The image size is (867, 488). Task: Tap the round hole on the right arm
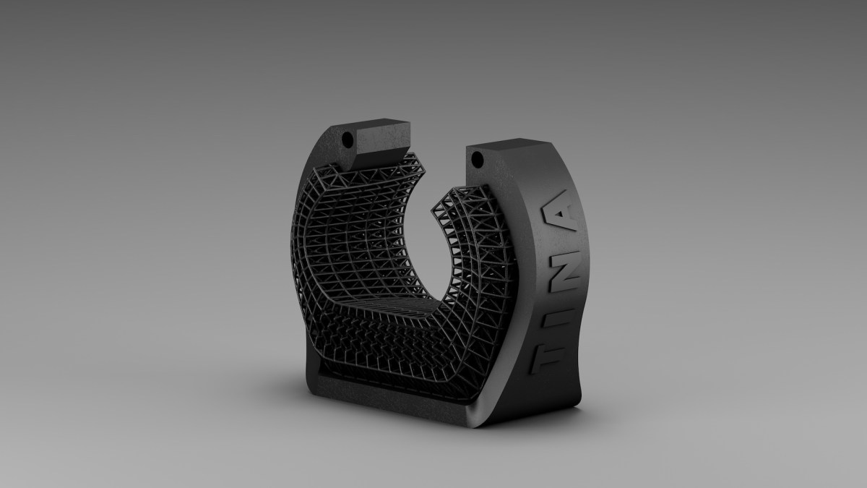(478, 160)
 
